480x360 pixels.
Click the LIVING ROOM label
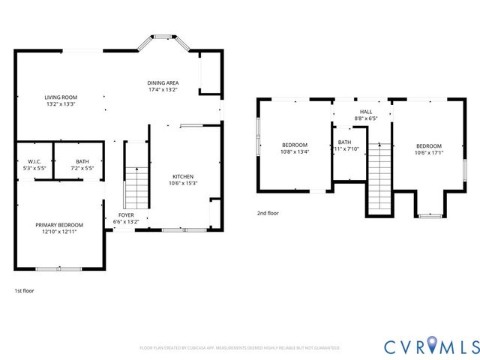pos(61,97)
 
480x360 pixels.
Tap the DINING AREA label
pos(162,82)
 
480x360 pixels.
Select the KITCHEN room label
pos(184,175)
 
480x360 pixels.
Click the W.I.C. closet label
pos(34,160)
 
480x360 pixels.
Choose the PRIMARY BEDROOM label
pos(59,225)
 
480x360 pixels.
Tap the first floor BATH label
pos(82,160)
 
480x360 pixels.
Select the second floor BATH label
pos(344,142)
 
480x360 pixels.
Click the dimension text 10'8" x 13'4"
pos(295,151)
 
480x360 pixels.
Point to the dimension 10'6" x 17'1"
pos(429,153)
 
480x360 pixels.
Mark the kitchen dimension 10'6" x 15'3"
pos(184,181)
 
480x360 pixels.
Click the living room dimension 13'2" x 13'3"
pos(61,104)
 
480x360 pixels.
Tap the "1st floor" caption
pos(24,290)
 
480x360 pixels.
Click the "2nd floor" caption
pos(268,213)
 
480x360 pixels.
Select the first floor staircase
pos(135,187)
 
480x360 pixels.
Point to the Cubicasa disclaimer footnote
pos(240,348)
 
